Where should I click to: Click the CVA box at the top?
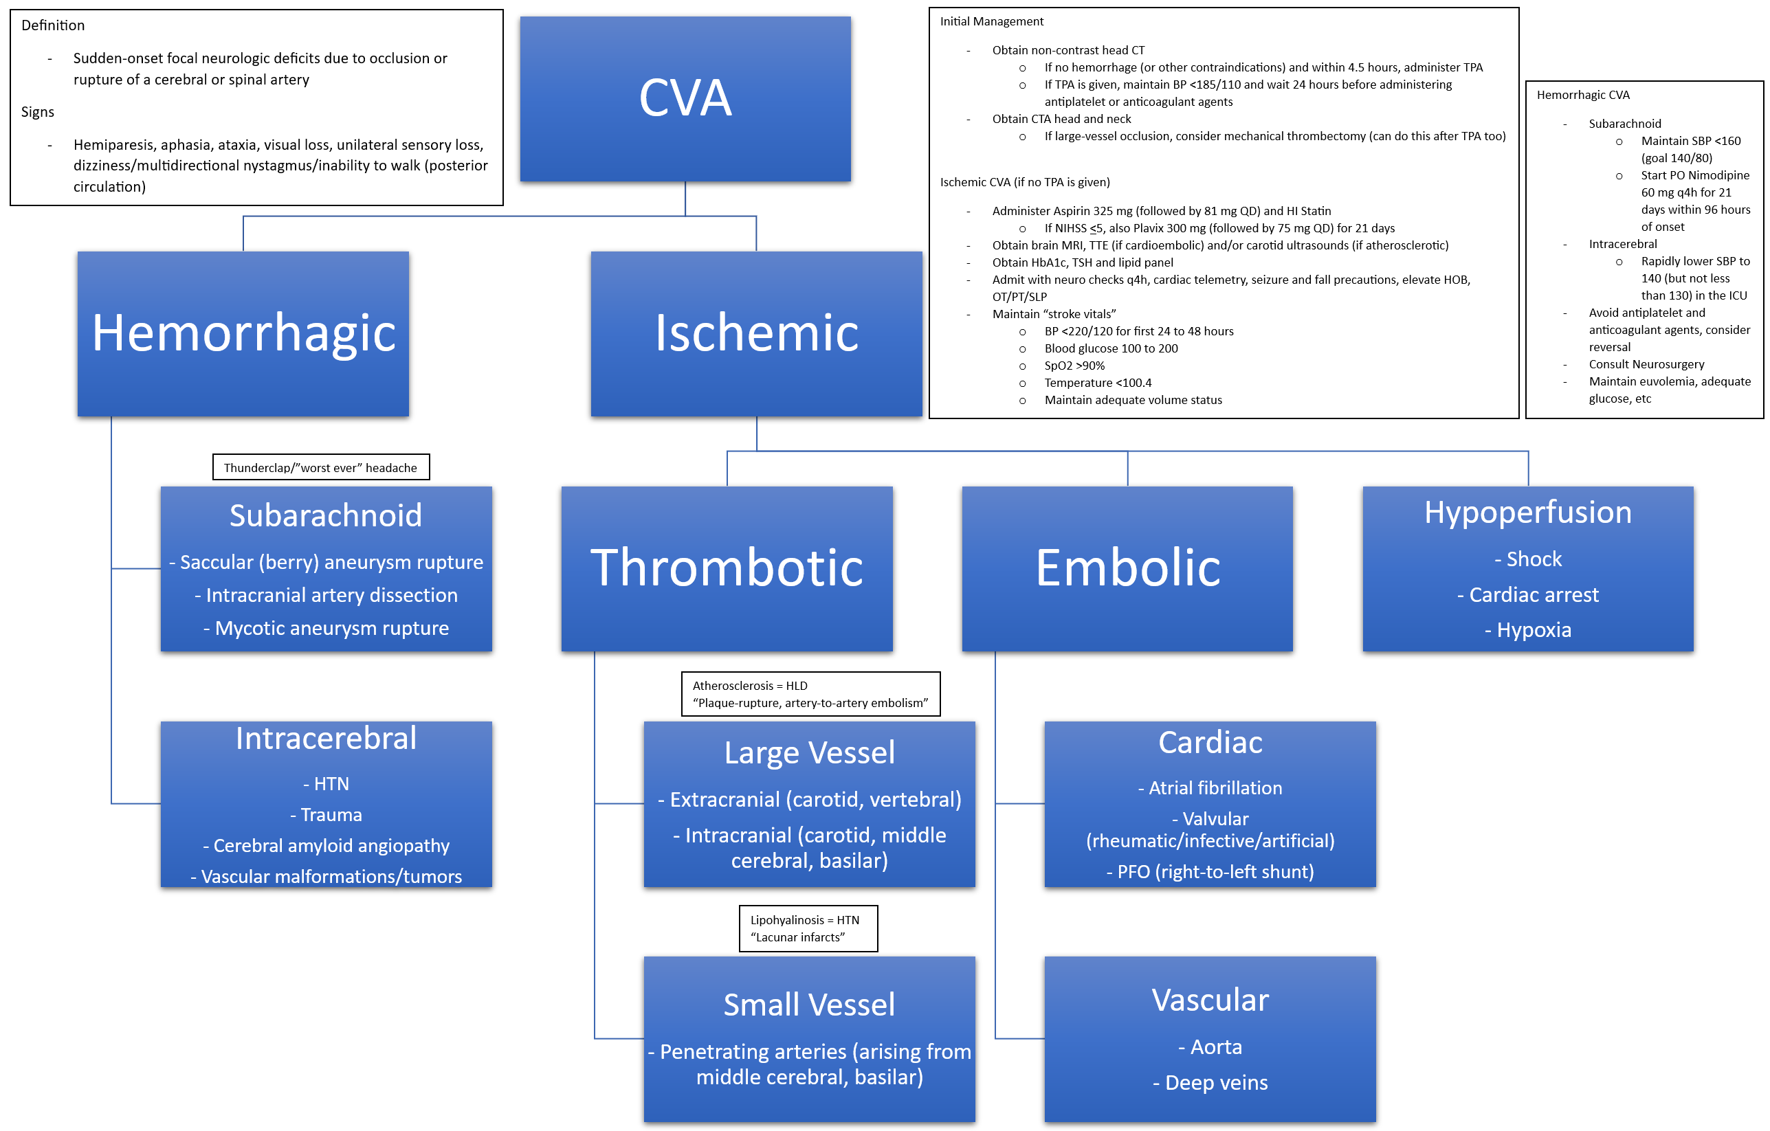click(685, 98)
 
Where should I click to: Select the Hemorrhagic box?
click(243, 334)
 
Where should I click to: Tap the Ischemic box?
click(755, 334)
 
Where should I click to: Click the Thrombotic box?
click(727, 568)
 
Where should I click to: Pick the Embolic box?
click(1127, 568)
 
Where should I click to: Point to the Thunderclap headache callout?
click(320, 467)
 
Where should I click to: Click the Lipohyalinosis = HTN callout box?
click(808, 928)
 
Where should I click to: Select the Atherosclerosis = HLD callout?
click(810, 694)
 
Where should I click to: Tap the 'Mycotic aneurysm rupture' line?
click(327, 628)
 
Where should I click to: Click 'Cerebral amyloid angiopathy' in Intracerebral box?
click(327, 845)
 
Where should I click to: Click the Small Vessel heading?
click(808, 1005)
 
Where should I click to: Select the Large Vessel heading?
click(808, 752)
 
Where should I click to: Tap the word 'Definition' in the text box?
click(53, 25)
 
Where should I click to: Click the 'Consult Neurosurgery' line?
click(1646, 363)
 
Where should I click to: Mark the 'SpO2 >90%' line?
click(1074, 366)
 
